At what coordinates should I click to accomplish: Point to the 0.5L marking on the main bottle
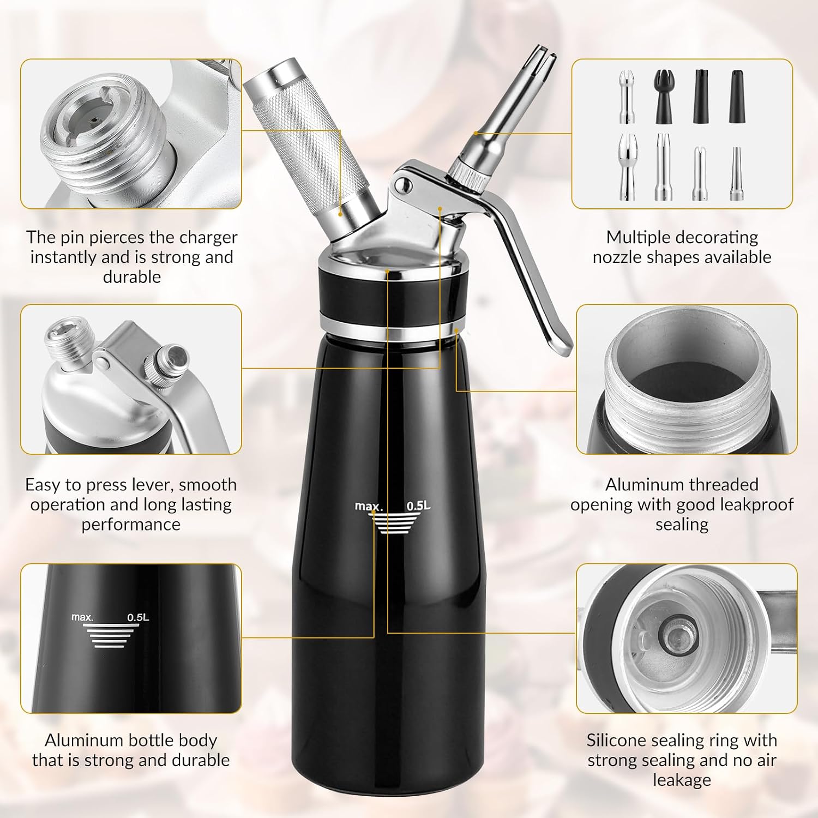click(x=418, y=506)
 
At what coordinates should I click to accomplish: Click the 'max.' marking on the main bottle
click(x=369, y=507)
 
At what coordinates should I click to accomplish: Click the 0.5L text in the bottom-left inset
click(x=138, y=618)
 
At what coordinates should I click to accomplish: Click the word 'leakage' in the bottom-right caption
click(x=682, y=779)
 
